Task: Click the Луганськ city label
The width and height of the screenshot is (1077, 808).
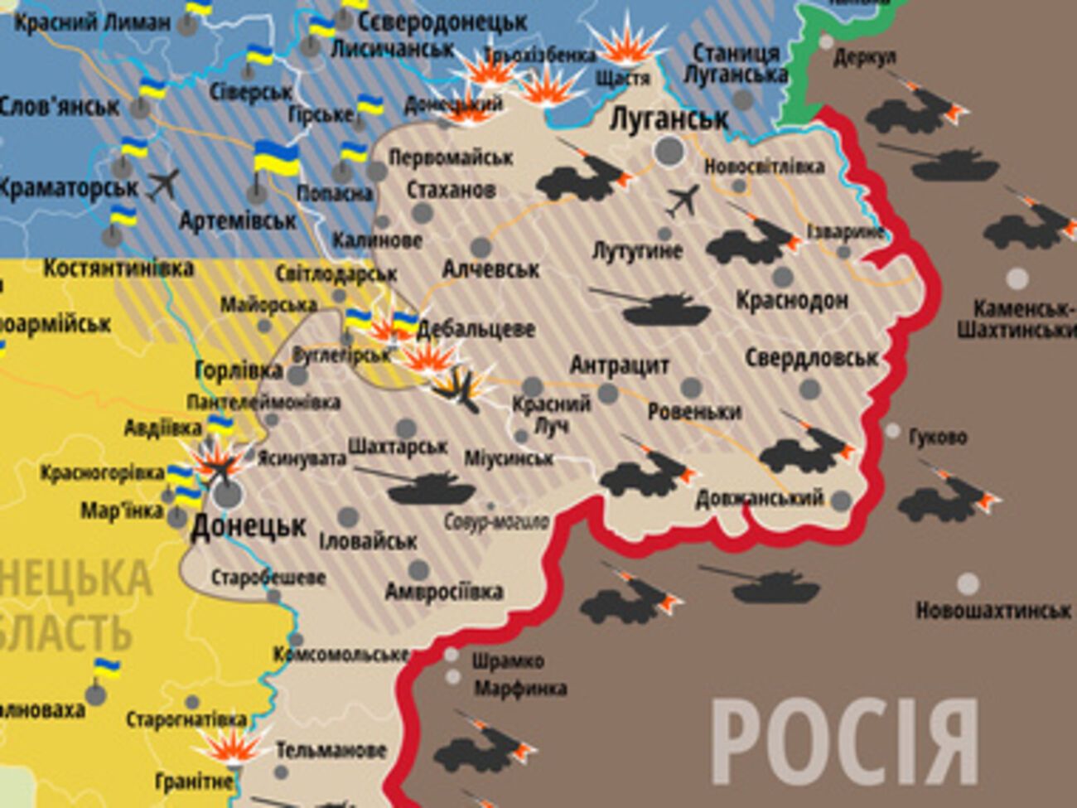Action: (x=669, y=119)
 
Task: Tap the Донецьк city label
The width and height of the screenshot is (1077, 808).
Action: (x=249, y=525)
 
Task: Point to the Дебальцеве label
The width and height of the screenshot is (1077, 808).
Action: (x=476, y=329)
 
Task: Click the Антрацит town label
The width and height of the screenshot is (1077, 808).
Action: (x=620, y=365)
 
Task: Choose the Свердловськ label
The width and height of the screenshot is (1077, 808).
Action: (x=811, y=358)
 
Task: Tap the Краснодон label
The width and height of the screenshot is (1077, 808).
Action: (x=792, y=299)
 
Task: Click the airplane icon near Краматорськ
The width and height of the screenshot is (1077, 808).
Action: (x=163, y=184)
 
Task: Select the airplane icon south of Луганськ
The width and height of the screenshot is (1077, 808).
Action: (x=683, y=201)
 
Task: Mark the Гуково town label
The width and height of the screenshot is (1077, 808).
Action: (x=937, y=437)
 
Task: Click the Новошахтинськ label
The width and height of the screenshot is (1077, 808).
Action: (x=992, y=611)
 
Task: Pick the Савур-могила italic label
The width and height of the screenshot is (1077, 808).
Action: (x=496, y=522)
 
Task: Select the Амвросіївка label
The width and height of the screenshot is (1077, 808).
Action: (x=444, y=592)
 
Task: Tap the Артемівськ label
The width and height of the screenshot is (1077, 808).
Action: (x=238, y=221)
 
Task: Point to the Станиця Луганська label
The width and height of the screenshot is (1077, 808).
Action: (x=736, y=64)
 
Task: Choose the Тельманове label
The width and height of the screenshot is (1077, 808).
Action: (x=331, y=751)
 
